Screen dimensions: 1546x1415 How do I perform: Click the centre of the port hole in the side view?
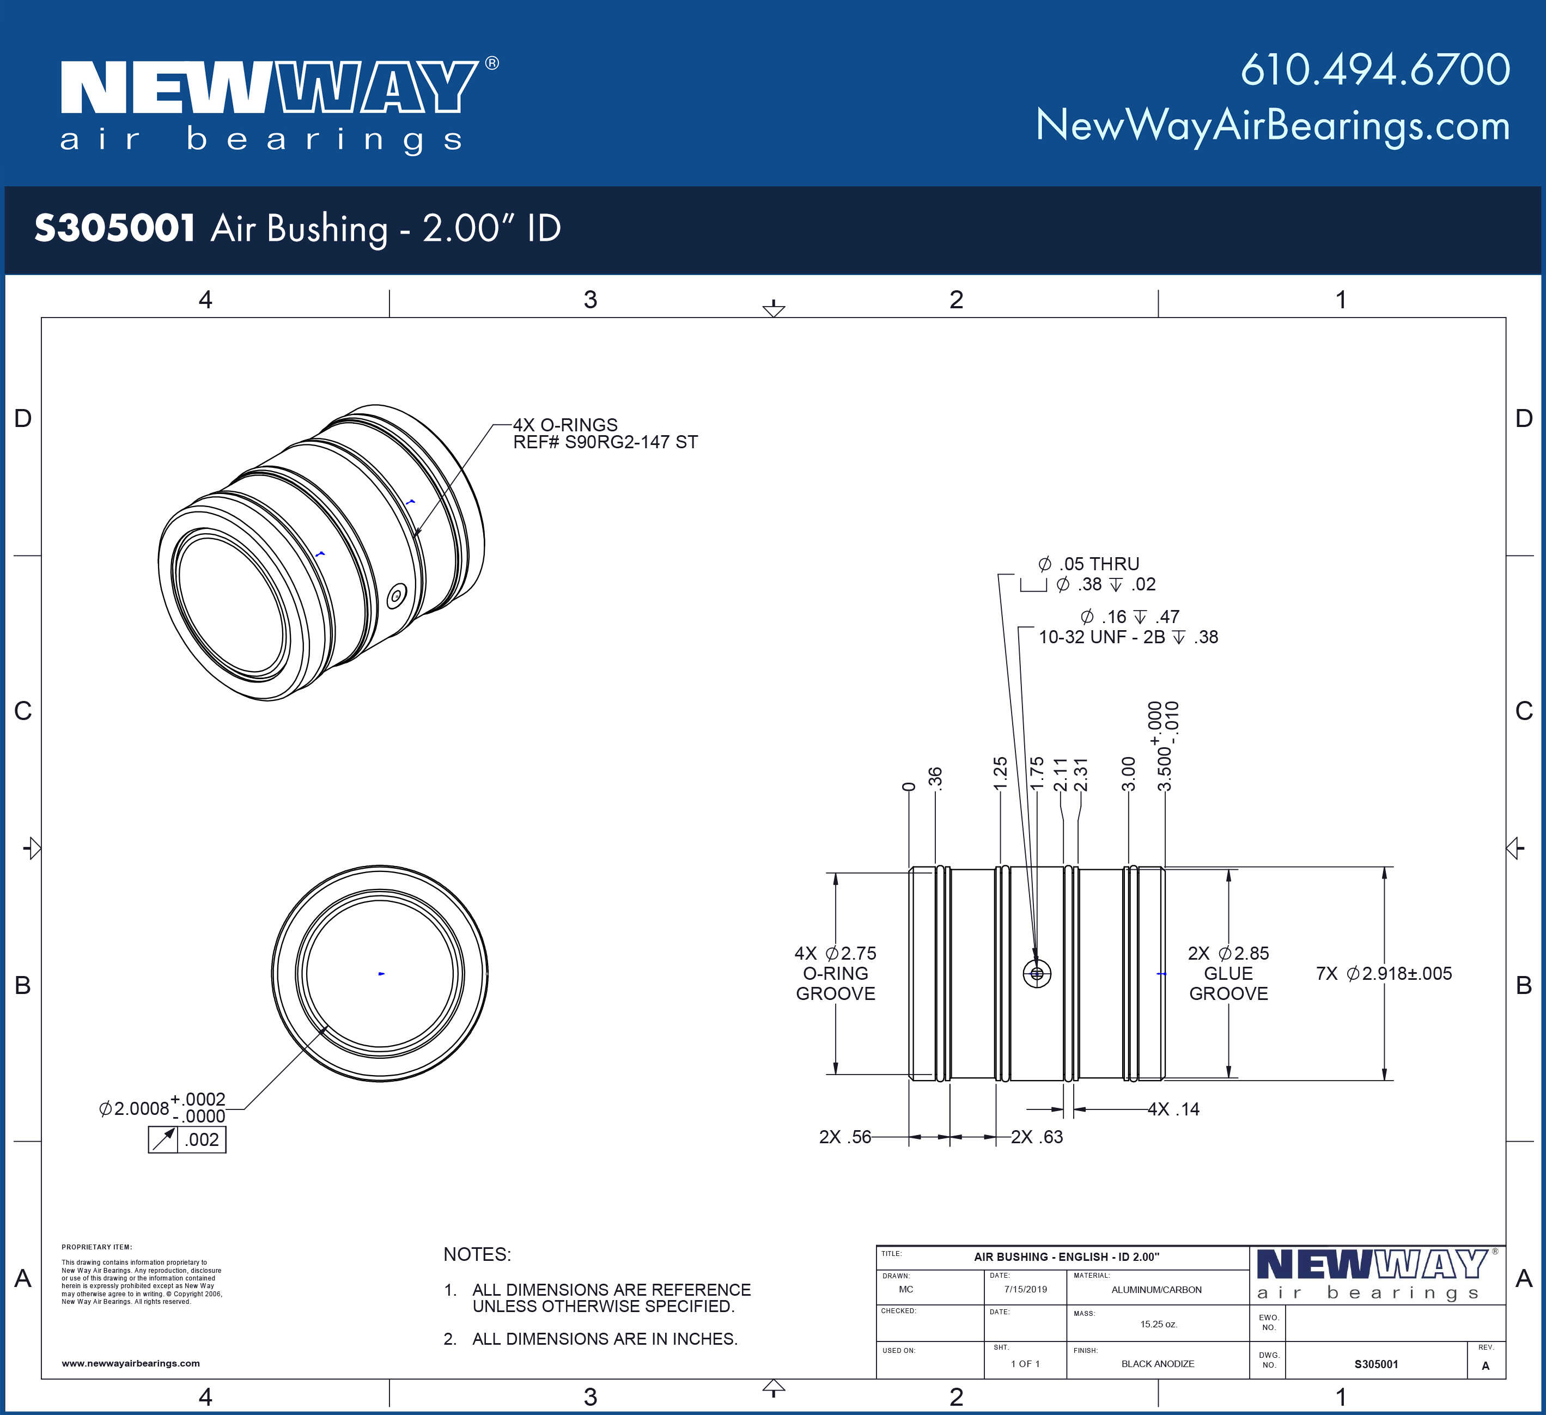pyautogui.click(x=1037, y=973)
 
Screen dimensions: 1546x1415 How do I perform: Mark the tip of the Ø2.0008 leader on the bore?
pyautogui.click(x=329, y=1026)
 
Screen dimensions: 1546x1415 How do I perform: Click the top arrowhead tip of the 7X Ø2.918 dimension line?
pyautogui.click(x=1384, y=867)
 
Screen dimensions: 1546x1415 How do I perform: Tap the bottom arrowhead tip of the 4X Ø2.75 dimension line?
pyautogui.click(x=836, y=1075)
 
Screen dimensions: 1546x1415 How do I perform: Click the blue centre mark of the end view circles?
pyautogui.click(x=381, y=973)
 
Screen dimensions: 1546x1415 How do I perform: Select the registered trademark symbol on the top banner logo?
pyautogui.click(x=491, y=63)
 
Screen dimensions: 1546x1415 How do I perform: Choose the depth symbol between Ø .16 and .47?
pyautogui.click(x=1140, y=617)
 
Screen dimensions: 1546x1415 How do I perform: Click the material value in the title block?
pyautogui.click(x=1157, y=1290)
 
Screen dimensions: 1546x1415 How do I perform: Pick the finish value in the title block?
pyautogui.click(x=1157, y=1364)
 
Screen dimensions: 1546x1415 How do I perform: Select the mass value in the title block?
pyautogui.click(x=1159, y=1324)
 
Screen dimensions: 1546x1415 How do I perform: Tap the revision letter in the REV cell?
pyautogui.click(x=1486, y=1365)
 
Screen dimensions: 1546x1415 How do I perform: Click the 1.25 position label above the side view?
pyautogui.click(x=1000, y=774)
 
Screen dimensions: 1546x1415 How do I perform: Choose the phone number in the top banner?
pyautogui.click(x=1375, y=70)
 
